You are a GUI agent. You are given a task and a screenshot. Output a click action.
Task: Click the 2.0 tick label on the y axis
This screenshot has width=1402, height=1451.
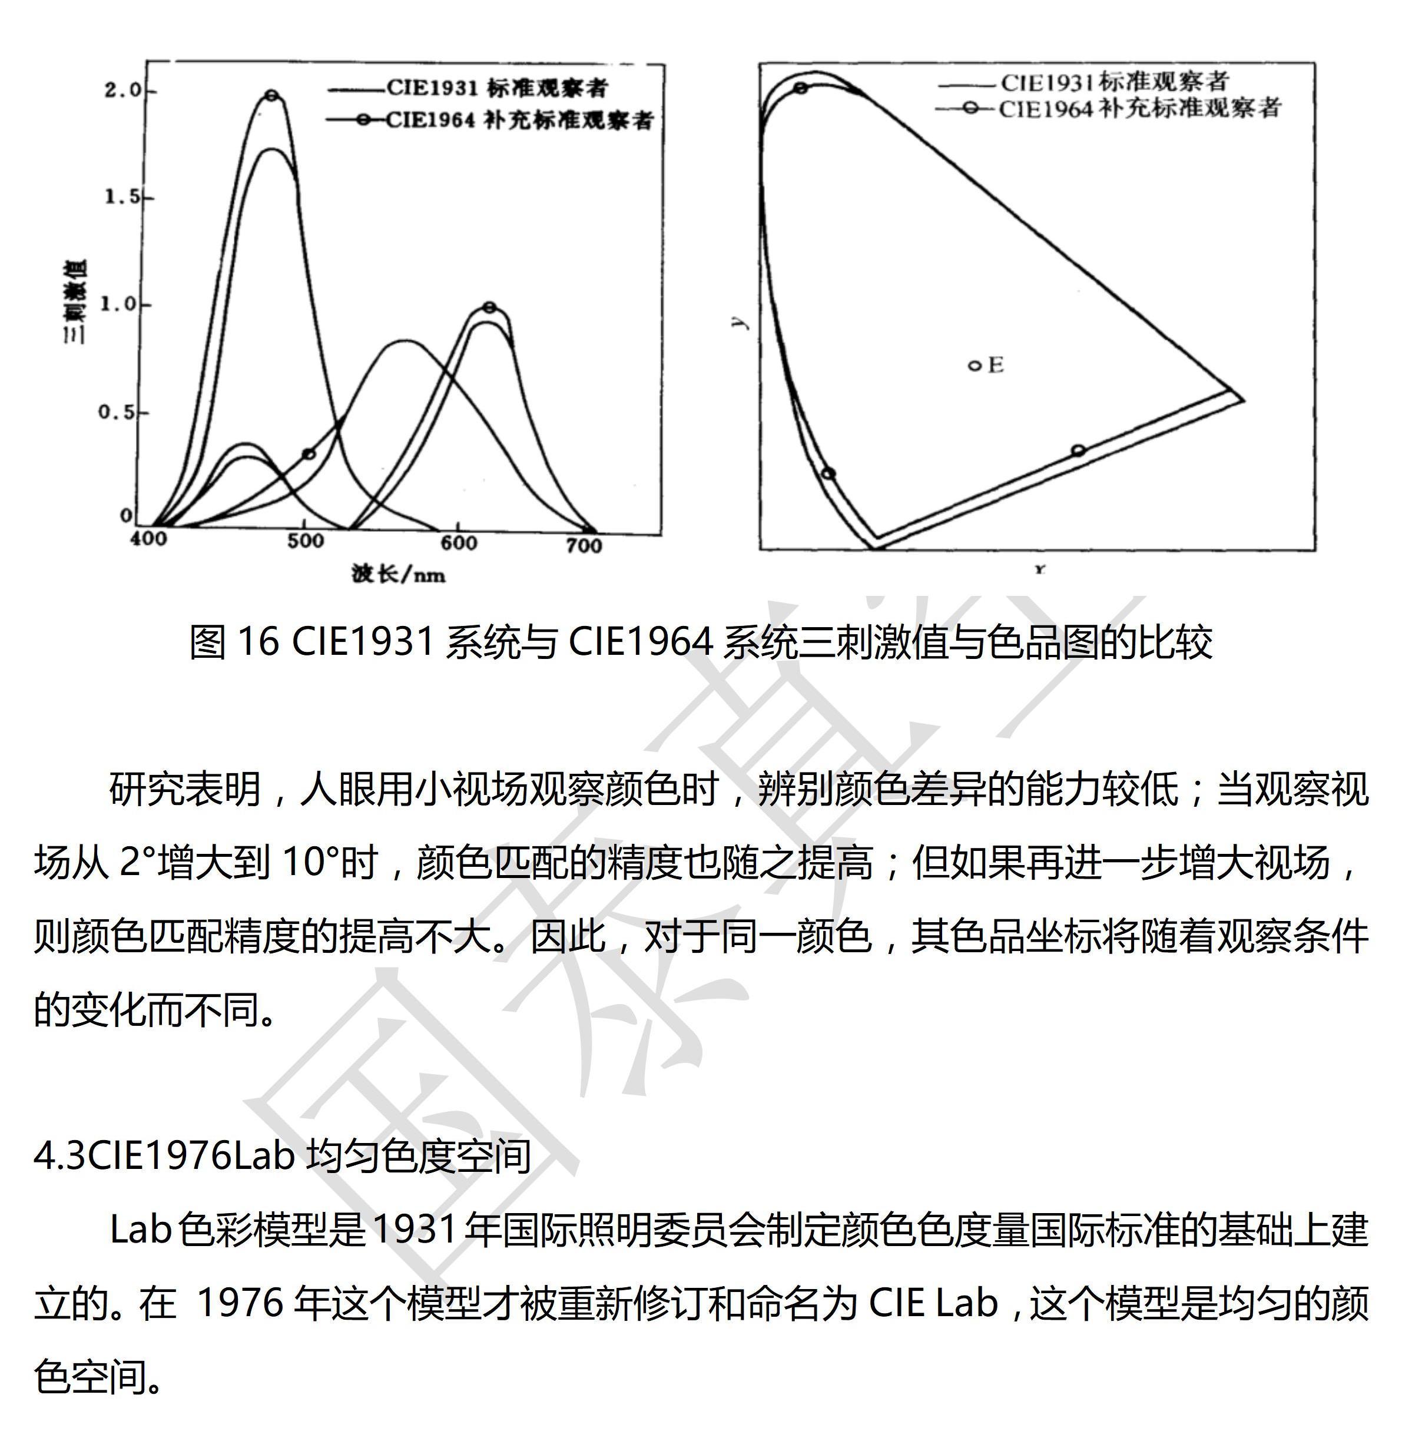pos(121,91)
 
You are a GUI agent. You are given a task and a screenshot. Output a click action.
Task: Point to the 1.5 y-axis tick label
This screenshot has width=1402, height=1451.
pos(121,198)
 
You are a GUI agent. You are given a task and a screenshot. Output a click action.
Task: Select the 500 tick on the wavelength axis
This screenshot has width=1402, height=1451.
pos(305,542)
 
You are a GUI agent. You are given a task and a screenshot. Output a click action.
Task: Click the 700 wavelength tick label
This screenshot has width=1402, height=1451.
pos(584,546)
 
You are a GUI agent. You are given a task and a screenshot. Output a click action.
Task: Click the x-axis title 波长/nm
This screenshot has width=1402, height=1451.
pos(398,574)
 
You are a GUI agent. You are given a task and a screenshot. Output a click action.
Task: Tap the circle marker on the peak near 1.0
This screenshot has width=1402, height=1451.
pos(489,308)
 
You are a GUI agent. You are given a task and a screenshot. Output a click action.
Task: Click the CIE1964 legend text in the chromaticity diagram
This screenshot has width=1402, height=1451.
pos(1139,109)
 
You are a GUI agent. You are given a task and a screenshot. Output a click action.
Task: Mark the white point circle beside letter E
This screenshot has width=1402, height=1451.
pos(975,365)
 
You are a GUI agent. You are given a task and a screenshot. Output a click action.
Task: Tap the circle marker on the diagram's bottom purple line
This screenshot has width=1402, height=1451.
pos(1078,450)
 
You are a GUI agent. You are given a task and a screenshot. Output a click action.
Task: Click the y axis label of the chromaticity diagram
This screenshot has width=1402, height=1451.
pos(743,323)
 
